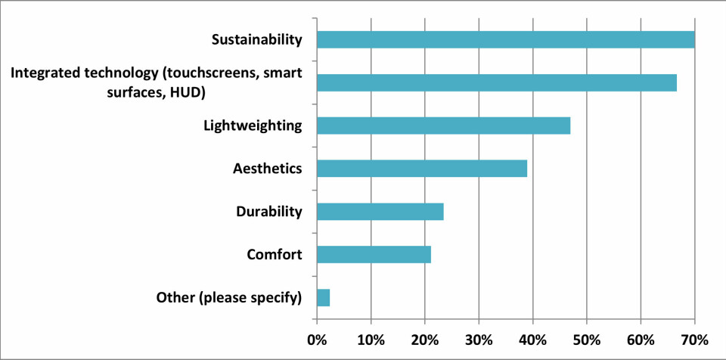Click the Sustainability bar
(505, 39)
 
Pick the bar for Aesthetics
(421, 168)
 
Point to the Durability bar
(380, 211)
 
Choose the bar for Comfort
(374, 254)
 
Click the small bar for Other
(323, 297)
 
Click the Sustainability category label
(256, 39)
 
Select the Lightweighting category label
(253, 126)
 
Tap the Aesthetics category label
(267, 168)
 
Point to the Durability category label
(268, 211)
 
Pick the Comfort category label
(275, 254)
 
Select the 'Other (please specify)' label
(229, 297)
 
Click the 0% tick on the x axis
(317, 338)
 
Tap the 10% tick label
(371, 338)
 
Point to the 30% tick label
(479, 338)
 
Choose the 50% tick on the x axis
(587, 338)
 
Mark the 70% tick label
(694, 338)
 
